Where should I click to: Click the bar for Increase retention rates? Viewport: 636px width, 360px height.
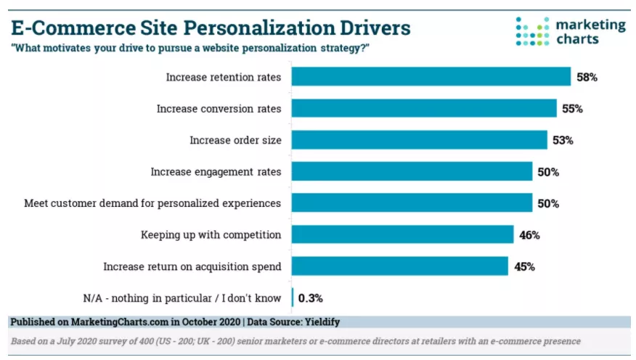(x=431, y=76)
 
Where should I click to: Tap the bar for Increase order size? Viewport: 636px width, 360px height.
(x=420, y=139)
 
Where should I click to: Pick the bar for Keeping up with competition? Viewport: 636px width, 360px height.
(x=403, y=234)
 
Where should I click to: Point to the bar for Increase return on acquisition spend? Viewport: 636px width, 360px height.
(x=400, y=266)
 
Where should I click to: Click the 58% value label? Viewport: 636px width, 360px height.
(x=587, y=77)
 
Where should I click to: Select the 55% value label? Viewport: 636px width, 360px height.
(x=572, y=109)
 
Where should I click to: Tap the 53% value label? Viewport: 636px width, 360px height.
(x=563, y=140)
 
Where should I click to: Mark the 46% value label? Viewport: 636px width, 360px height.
(x=529, y=235)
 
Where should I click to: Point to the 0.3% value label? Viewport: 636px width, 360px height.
(x=311, y=298)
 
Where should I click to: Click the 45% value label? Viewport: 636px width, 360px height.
(x=524, y=266)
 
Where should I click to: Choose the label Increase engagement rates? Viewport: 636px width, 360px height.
(x=216, y=171)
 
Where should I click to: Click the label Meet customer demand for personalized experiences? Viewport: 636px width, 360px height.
(x=152, y=203)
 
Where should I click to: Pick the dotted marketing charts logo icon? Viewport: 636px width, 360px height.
(x=531, y=31)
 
